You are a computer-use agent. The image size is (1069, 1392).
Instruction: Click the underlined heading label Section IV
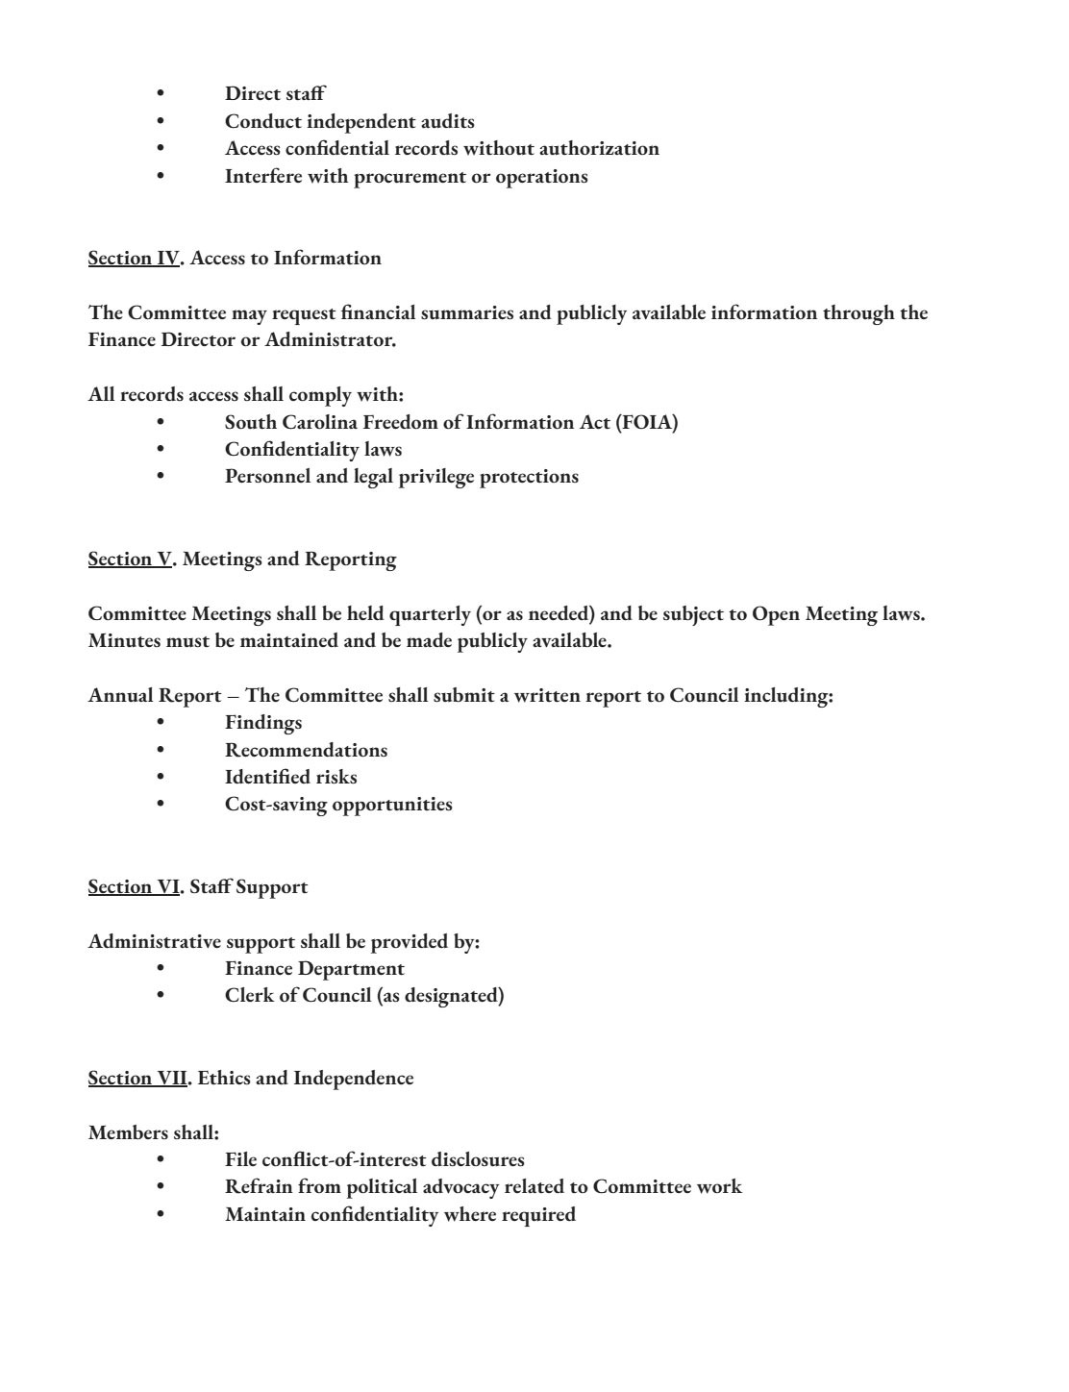click(x=133, y=259)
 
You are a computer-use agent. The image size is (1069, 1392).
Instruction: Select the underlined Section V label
click(x=130, y=559)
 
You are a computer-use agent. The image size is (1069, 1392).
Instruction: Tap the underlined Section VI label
click(x=133, y=887)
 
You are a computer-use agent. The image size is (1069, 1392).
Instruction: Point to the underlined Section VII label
click(x=137, y=1079)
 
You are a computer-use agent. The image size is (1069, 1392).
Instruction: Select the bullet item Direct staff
click(x=275, y=94)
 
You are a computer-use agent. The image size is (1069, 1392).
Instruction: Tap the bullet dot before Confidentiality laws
click(x=161, y=450)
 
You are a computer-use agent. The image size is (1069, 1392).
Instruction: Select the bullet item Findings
click(x=263, y=723)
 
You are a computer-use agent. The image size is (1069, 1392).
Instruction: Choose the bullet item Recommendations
click(x=306, y=751)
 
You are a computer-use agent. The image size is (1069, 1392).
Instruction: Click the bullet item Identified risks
click(x=290, y=778)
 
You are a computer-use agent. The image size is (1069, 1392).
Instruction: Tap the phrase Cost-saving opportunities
click(x=338, y=805)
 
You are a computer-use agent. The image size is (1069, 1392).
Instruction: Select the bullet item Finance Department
click(x=314, y=969)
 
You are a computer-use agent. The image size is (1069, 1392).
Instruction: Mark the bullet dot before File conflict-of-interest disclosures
click(x=161, y=1160)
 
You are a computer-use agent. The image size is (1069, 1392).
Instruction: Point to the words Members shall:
click(x=154, y=1133)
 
